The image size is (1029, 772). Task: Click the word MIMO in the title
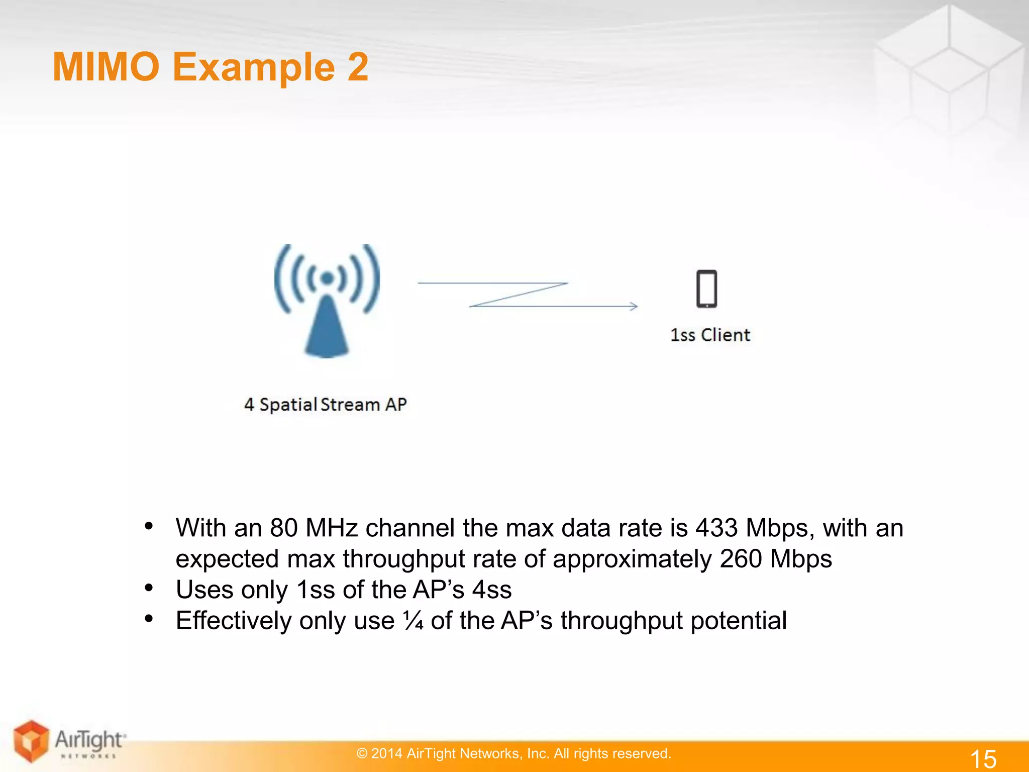point(106,67)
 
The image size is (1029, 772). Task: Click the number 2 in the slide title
point(358,67)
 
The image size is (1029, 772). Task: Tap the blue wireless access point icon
point(327,302)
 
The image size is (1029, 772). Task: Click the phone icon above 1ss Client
point(706,289)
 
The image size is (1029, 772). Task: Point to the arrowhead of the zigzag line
point(634,306)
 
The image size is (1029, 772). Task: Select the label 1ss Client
point(710,335)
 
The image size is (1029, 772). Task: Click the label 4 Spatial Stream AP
point(325,405)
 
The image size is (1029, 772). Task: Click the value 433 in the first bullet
point(716,528)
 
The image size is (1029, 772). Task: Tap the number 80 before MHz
point(284,528)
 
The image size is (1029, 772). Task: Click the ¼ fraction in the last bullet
point(413,621)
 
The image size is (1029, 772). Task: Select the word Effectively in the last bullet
point(233,621)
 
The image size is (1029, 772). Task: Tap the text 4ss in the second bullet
point(492,590)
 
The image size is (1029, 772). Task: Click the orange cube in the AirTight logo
point(31,740)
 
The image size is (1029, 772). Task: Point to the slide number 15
point(983,758)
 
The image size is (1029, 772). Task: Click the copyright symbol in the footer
point(362,753)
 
